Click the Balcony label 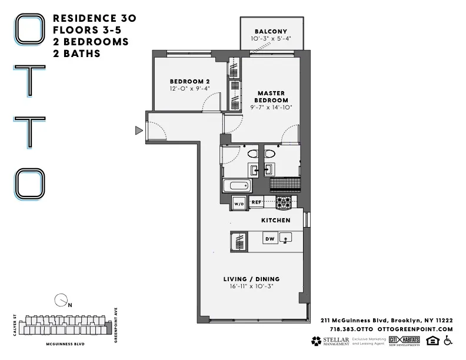(x=271, y=31)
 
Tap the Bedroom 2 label (x=190, y=81)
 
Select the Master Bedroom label (x=271, y=96)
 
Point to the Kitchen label (x=276, y=220)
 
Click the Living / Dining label (x=251, y=279)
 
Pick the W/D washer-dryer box (x=239, y=203)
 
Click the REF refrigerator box (x=256, y=202)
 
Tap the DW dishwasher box (x=269, y=238)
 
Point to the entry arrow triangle (x=139, y=130)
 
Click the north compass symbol (x=61, y=301)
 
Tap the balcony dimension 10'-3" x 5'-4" (x=271, y=39)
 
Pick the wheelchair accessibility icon (x=448, y=341)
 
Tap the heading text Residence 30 (x=95, y=18)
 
